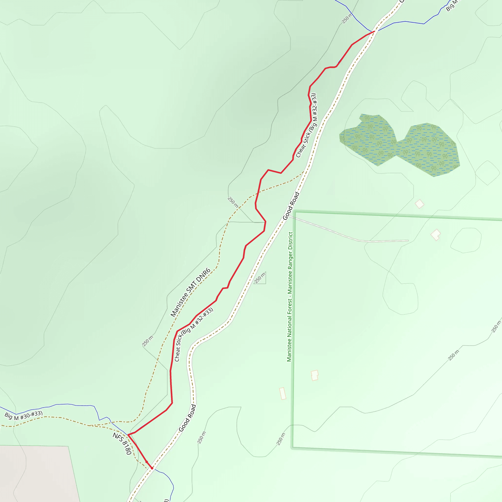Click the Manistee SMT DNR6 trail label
pos(190,293)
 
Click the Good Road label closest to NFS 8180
pos(187,418)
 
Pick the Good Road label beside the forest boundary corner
pos(291,206)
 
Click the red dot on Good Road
pos(152,468)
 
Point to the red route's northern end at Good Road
pos(375,31)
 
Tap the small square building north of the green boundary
pos(419,204)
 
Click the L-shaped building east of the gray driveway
pos(436,235)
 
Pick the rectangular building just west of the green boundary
pos(283,393)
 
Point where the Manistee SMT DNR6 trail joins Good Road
pos(304,172)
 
